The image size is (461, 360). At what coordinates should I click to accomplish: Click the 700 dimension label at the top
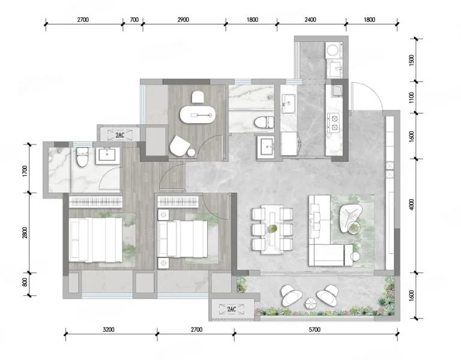[x=134, y=20]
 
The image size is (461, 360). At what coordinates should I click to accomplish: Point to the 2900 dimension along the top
[x=183, y=20]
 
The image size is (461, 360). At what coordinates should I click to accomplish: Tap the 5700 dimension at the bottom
[x=315, y=329]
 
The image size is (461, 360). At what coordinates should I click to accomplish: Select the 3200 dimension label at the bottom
[x=109, y=329]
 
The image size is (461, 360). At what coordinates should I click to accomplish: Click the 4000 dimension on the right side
[x=412, y=204]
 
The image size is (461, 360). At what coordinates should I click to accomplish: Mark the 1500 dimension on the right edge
[x=412, y=60]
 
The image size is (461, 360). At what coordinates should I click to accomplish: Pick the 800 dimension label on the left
[x=25, y=283]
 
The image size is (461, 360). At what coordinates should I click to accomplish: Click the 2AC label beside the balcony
[x=232, y=309]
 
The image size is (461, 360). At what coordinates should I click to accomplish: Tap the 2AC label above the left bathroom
[x=119, y=136]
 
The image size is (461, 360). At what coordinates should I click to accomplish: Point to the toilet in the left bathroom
[x=82, y=157]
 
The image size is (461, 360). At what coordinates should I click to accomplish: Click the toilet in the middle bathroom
[x=264, y=122]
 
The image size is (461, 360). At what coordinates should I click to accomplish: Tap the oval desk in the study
[x=197, y=115]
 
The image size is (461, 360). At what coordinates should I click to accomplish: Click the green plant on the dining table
[x=273, y=229]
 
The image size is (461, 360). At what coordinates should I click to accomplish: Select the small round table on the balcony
[x=310, y=302]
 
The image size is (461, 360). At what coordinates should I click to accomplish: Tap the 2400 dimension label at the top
[x=310, y=20]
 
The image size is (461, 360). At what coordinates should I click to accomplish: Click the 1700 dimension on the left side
[x=25, y=171]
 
